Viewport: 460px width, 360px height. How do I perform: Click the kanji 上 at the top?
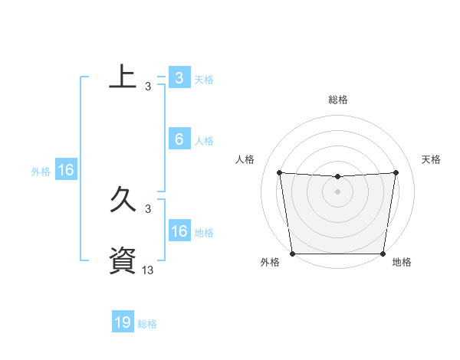coord(123,77)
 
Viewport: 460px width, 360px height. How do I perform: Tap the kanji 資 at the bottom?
coord(123,259)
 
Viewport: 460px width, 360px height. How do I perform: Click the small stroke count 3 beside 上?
coord(147,87)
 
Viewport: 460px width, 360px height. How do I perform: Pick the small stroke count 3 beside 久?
coord(147,208)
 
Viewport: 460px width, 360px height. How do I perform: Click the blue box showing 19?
coord(123,322)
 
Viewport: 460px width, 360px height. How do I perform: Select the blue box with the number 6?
coord(179,139)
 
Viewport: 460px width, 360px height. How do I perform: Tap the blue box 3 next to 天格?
coord(179,77)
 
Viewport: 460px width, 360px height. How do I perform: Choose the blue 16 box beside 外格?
coord(66,170)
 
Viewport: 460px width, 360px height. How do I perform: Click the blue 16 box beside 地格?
coord(179,231)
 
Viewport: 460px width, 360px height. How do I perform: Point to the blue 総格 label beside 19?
coord(147,324)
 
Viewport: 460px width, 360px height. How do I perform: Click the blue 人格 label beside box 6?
coord(204,141)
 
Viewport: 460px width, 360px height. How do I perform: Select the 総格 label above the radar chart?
coord(338,100)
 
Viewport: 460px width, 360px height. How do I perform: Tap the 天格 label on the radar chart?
coord(432,159)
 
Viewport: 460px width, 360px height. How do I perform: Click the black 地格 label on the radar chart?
coord(402,262)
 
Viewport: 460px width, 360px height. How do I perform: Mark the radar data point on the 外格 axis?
coord(292,254)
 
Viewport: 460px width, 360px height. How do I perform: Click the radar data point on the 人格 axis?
coord(279,172)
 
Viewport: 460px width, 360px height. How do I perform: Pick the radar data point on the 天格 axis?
coord(396,172)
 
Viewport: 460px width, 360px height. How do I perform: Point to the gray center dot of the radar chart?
coord(338,191)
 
